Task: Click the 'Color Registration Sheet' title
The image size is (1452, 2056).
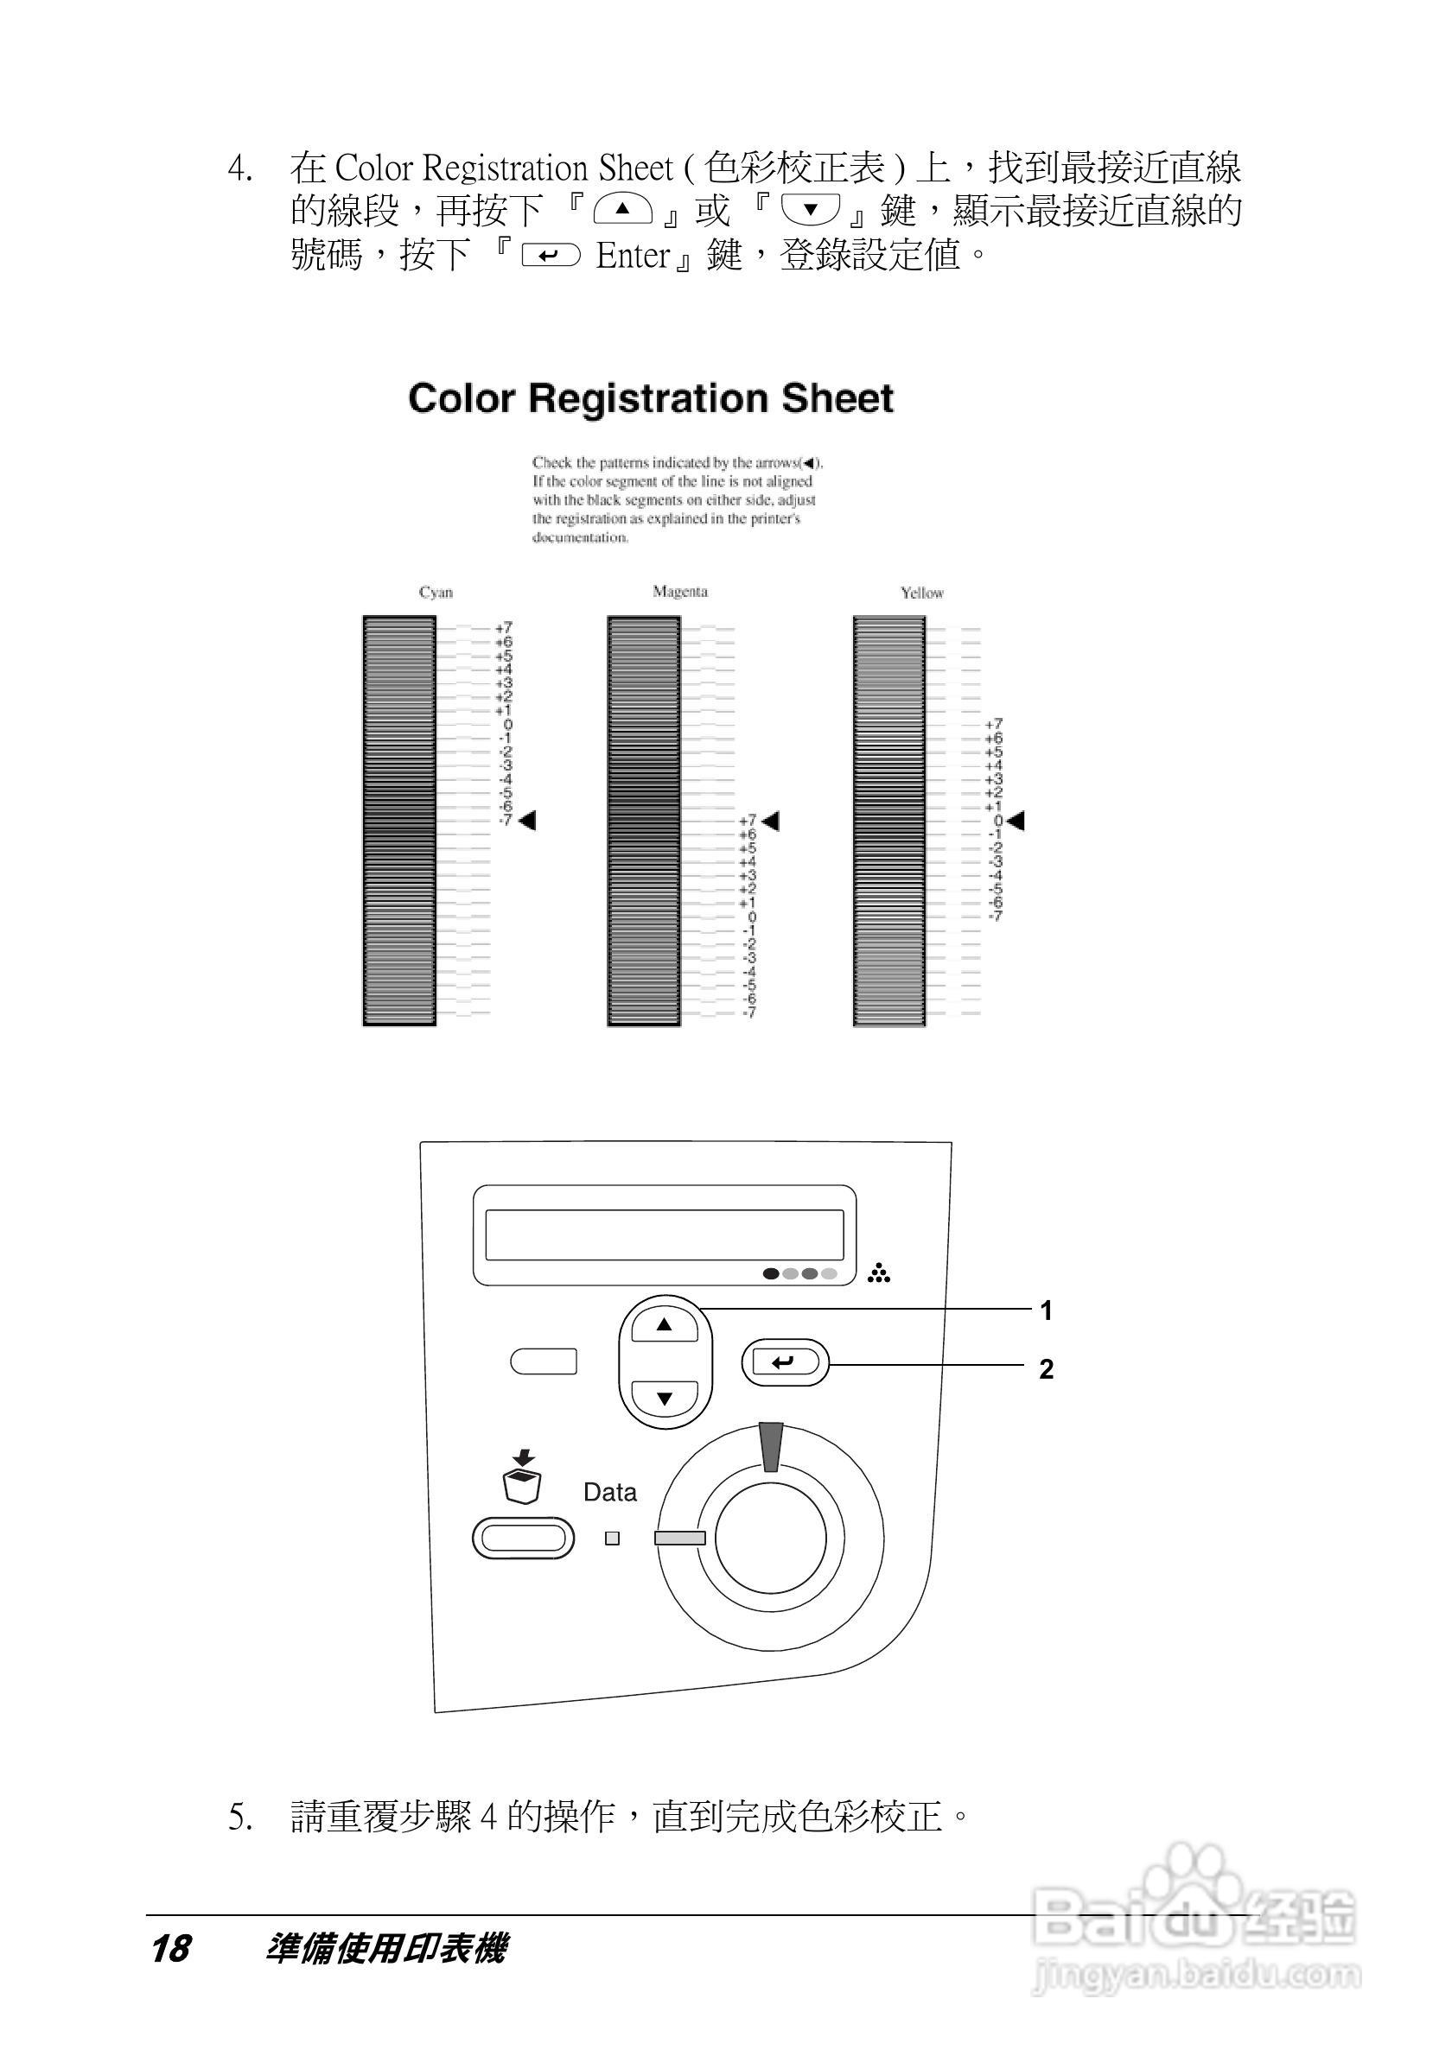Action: [x=650, y=399]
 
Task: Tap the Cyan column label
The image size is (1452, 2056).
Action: [x=436, y=593]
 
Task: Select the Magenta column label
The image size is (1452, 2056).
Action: [x=680, y=592]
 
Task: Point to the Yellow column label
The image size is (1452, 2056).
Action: [x=921, y=593]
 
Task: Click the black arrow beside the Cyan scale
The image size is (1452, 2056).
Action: [x=527, y=821]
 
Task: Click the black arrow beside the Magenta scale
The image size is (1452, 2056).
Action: [x=770, y=821]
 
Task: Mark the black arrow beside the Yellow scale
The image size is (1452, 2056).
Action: [x=1015, y=821]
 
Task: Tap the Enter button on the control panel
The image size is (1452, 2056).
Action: [x=785, y=1363]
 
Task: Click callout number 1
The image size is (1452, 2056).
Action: [x=1045, y=1311]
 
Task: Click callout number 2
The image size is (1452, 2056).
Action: [x=1045, y=1369]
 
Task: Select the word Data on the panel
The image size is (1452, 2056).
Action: [x=610, y=1493]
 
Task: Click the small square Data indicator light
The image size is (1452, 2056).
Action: [x=613, y=1539]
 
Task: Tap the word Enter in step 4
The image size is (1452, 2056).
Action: [x=634, y=256]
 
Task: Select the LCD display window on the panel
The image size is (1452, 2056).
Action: [x=664, y=1234]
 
